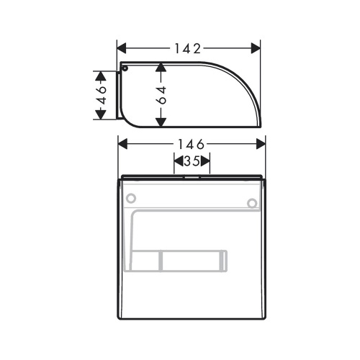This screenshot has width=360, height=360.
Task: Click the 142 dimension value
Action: pyautogui.click(x=189, y=48)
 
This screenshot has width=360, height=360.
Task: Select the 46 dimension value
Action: pyautogui.click(x=102, y=94)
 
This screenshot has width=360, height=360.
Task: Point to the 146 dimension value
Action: pyautogui.click(x=192, y=143)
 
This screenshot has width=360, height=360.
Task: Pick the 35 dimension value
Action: pyautogui.click(x=191, y=162)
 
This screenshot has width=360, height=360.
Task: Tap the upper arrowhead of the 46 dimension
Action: pyautogui.click(x=102, y=76)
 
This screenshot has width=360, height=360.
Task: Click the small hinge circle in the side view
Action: pyautogui.click(x=125, y=69)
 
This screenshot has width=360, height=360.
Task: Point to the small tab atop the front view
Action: pyautogui.click(x=192, y=174)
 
